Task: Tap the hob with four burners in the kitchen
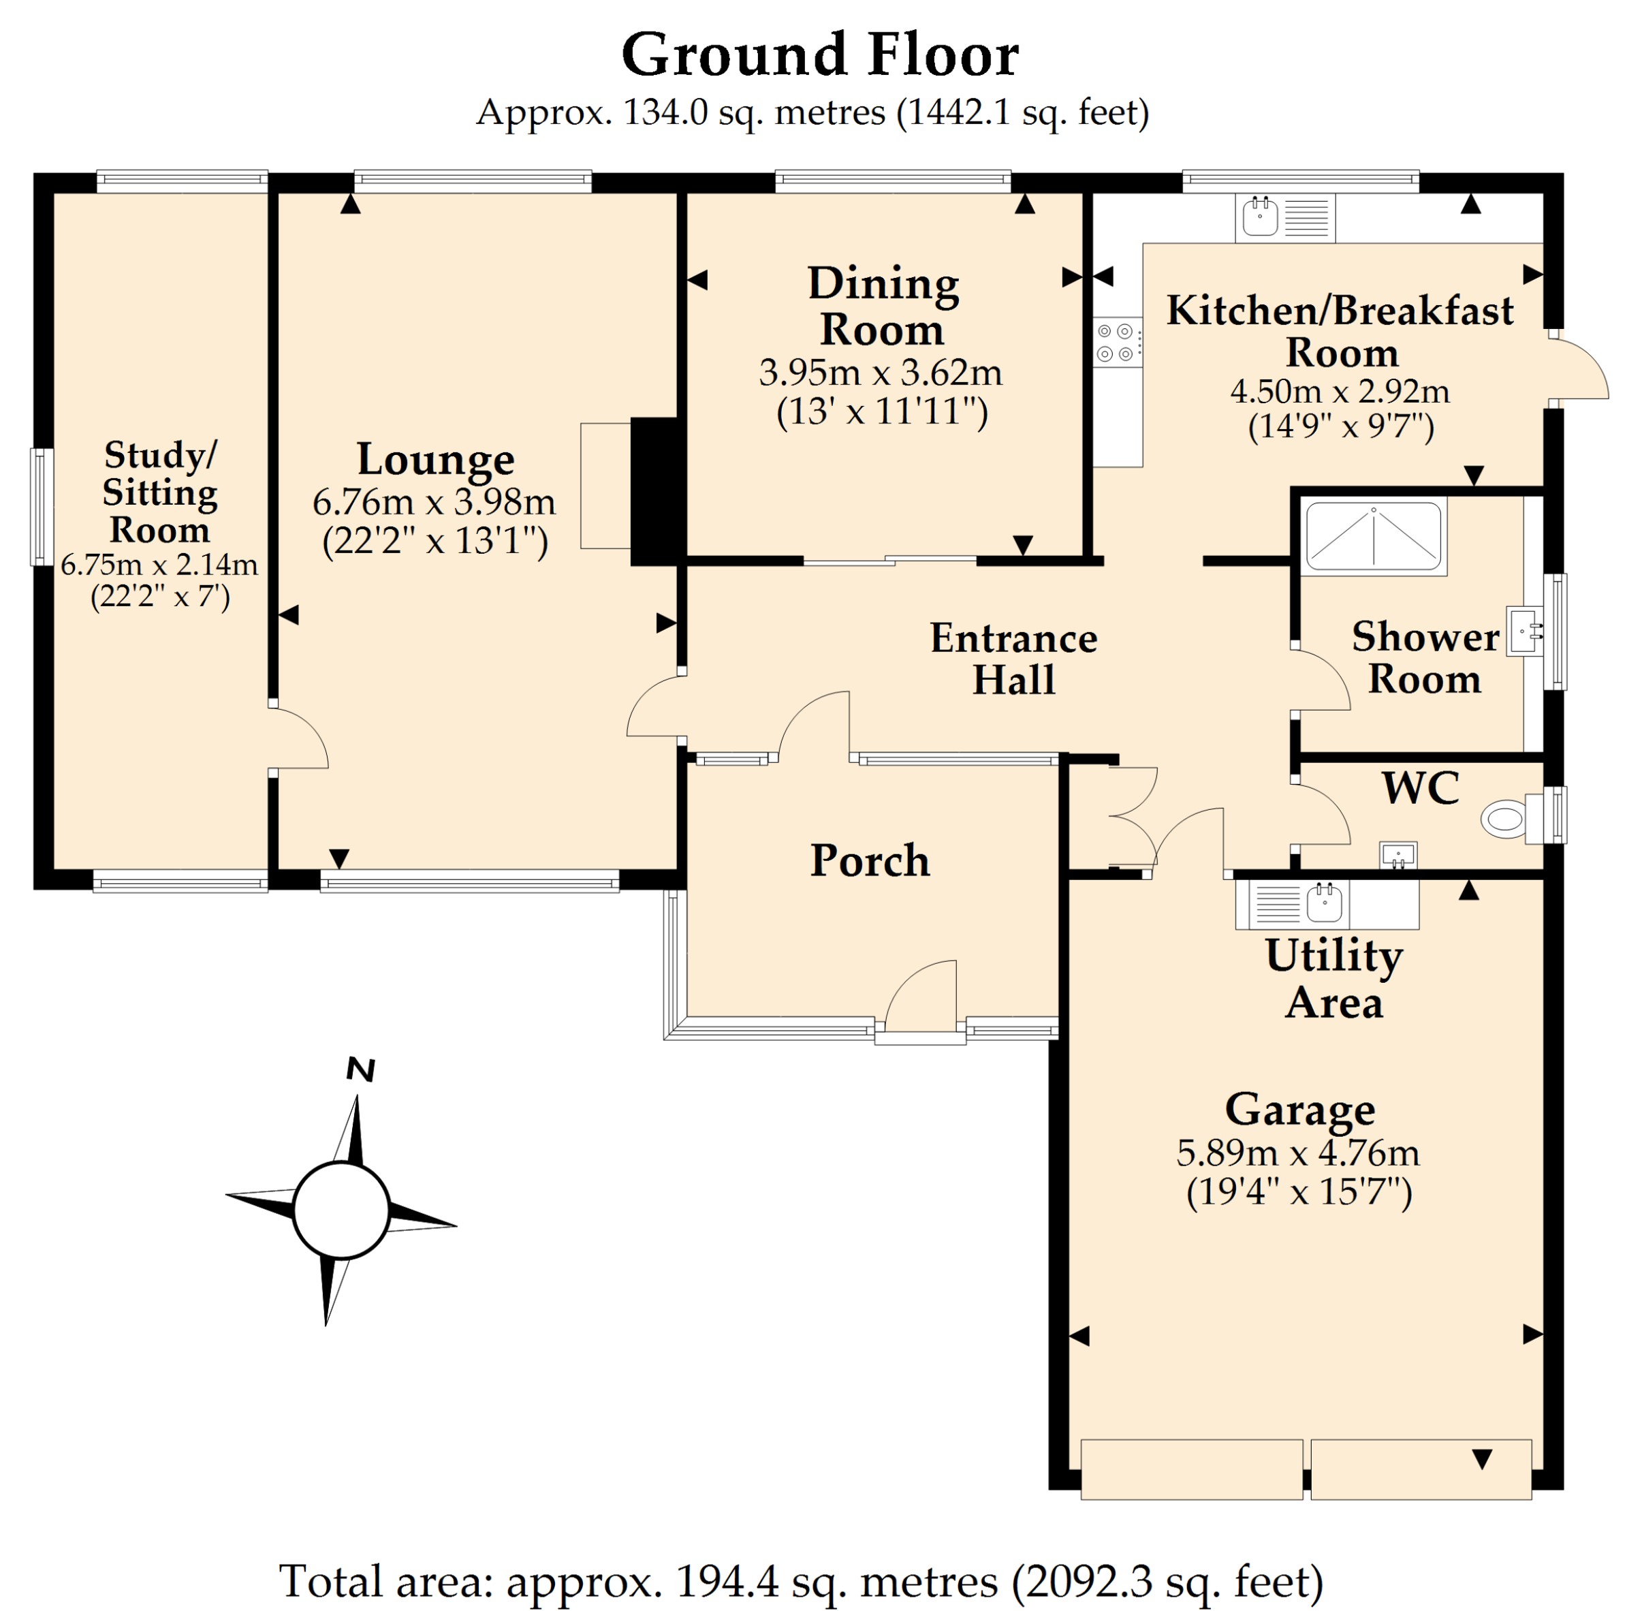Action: pos(1118,342)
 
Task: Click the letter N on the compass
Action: pos(360,1069)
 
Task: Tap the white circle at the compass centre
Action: pos(341,1210)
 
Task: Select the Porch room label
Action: pos(870,860)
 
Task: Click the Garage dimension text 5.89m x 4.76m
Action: pos(1298,1152)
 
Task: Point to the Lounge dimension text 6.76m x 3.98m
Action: pos(434,502)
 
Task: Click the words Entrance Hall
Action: pos(1013,659)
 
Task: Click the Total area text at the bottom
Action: pos(801,1580)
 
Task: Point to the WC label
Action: pos(1421,787)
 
